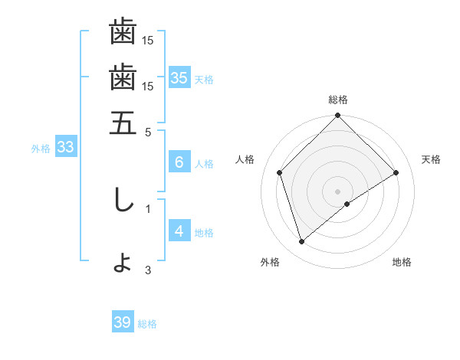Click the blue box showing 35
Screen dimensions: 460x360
(179, 77)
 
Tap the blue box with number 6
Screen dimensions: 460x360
(179, 162)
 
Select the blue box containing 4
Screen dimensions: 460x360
(179, 231)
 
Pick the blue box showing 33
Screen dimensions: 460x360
(64, 148)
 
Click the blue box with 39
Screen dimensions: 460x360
(122, 322)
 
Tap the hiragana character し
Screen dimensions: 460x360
(123, 200)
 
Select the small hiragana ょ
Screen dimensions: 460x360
(123, 263)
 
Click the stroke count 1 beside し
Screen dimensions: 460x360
(148, 207)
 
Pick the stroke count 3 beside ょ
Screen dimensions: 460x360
(148, 270)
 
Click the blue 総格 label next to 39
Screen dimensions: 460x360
(147, 324)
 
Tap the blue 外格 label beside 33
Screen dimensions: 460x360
(41, 149)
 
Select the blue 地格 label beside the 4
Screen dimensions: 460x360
(204, 232)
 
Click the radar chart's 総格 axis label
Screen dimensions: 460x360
(338, 100)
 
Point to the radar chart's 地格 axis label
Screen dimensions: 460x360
(402, 262)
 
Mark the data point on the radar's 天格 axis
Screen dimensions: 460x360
(396, 172)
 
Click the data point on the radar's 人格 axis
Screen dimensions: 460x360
(280, 172)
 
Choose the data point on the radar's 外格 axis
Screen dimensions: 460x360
(302, 242)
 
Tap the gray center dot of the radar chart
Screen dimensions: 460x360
(338, 191)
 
